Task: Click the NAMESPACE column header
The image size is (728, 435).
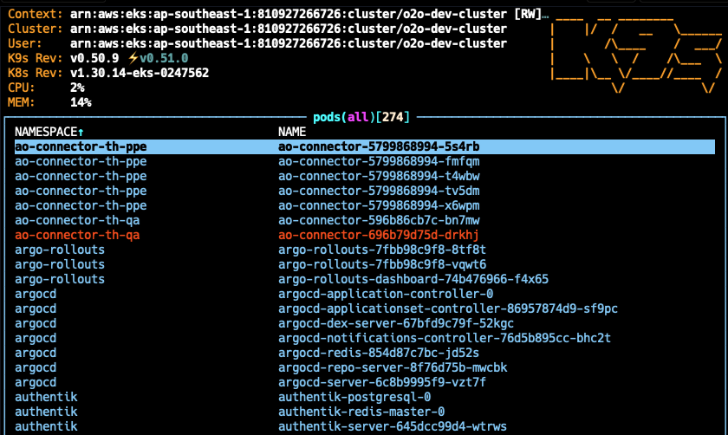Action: tap(49, 132)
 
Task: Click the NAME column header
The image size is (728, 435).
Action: tap(292, 132)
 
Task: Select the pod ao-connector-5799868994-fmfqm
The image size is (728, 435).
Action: tap(379, 161)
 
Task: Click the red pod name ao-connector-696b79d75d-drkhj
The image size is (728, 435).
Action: tap(379, 235)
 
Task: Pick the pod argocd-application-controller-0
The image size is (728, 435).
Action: tap(386, 294)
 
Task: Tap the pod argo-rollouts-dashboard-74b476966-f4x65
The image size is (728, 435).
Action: tap(413, 279)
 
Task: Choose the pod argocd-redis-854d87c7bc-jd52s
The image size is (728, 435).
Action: tap(379, 353)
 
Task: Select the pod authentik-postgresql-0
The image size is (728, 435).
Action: tap(354, 397)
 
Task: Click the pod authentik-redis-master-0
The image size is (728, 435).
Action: tap(361, 412)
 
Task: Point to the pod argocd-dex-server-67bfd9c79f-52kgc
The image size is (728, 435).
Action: tap(396, 323)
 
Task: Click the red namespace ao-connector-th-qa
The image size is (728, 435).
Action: tap(77, 235)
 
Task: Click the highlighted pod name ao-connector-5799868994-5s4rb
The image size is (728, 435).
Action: tap(379, 146)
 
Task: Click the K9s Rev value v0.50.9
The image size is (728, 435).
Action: tap(94, 58)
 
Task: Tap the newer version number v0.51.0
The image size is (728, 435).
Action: tap(164, 58)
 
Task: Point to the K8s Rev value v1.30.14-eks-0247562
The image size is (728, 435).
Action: tap(140, 73)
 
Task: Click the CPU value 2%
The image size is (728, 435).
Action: tap(77, 88)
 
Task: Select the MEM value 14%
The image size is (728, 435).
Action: tap(81, 102)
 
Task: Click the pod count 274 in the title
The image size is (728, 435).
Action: tap(393, 117)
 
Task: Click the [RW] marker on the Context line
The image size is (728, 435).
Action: tap(528, 14)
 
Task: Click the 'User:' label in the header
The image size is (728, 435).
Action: tap(25, 43)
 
